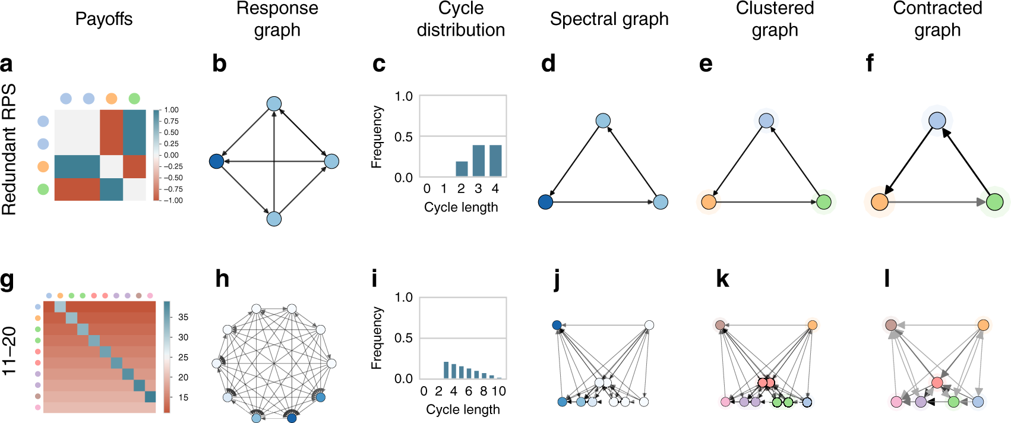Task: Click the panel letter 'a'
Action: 7,64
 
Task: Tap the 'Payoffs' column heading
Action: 104,19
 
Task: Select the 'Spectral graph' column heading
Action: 609,19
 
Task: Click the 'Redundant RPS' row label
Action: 10,150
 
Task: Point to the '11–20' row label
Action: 10,352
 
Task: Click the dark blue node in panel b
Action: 217,161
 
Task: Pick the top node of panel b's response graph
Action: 274,104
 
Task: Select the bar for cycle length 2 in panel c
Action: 462,169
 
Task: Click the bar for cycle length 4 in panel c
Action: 495,160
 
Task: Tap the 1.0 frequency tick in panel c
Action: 404,96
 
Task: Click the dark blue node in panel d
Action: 545,202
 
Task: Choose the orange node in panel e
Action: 709,202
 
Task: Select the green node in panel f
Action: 994,202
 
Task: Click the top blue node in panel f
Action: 937,121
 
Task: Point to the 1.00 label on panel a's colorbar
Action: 171,110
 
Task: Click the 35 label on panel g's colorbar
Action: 183,317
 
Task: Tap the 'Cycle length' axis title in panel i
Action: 463,409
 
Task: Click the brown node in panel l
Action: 891,325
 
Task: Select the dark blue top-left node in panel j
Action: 557,325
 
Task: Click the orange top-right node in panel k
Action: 813,325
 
